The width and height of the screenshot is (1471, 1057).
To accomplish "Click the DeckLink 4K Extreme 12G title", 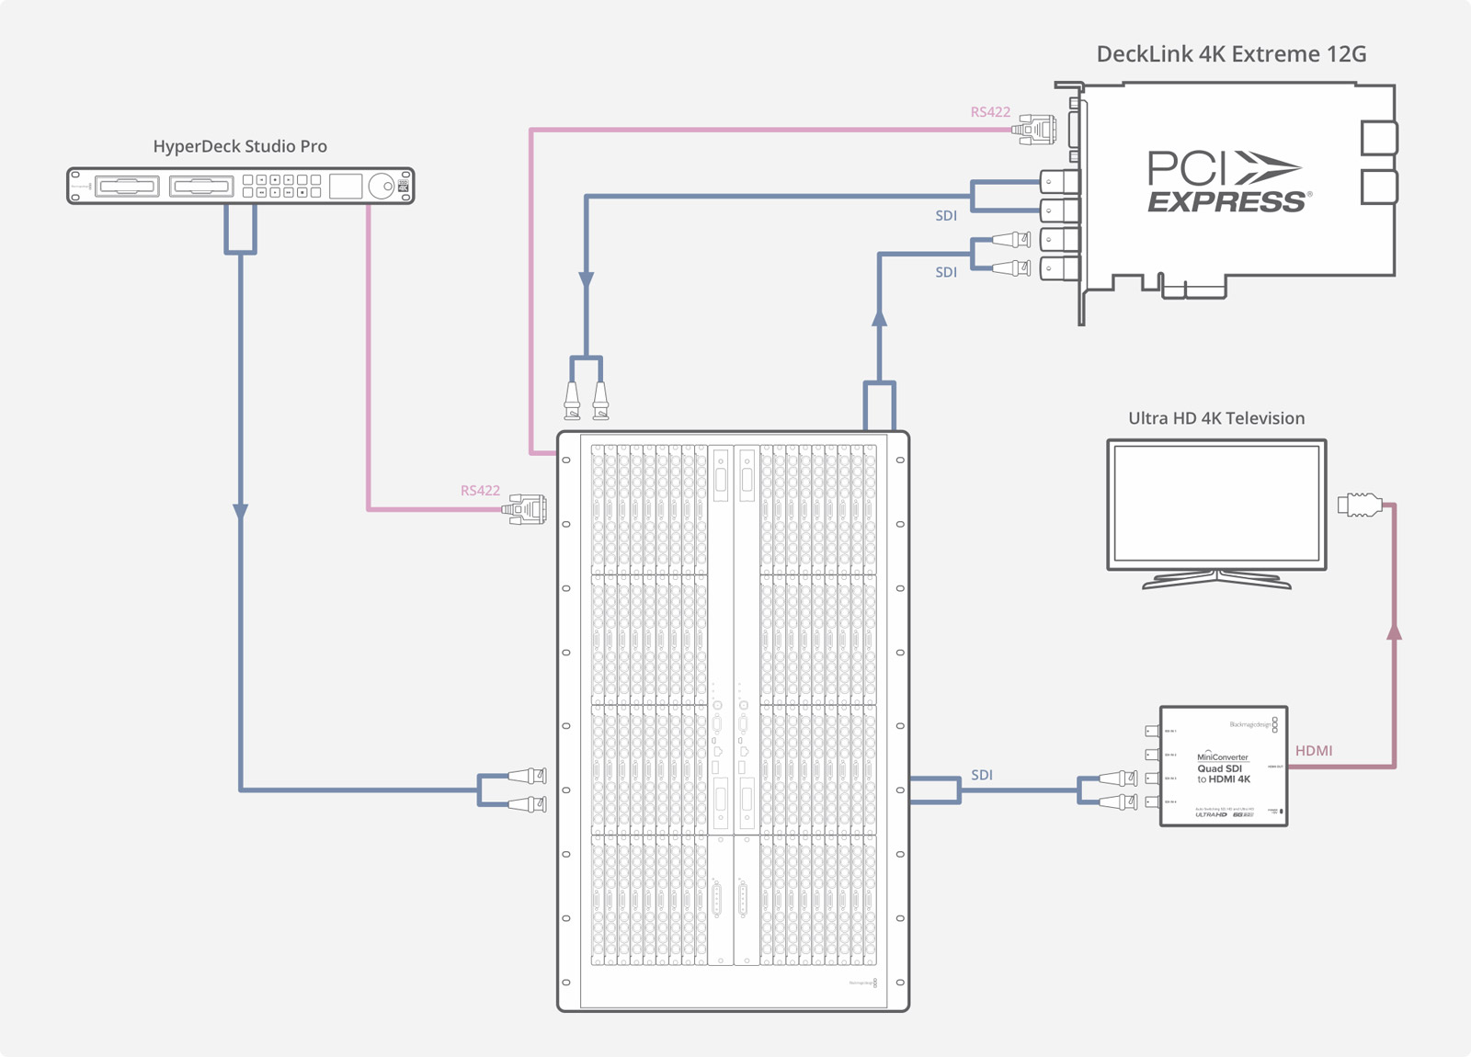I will pos(1231,54).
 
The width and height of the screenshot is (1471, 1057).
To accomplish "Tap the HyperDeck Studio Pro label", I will pos(240,146).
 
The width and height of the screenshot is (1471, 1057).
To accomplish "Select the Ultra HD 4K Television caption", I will pos(1216,418).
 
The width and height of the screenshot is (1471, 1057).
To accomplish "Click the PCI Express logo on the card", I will pos(1226,182).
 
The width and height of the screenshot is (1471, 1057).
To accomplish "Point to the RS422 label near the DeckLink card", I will pos(990,112).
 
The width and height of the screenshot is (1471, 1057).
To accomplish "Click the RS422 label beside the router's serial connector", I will pos(480,491).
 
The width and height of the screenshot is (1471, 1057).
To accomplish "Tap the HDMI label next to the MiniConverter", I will pos(1314,751).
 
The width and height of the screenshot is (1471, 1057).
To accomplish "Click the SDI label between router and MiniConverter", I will pos(982,775).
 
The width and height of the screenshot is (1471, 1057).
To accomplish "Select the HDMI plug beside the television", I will pos(1360,504).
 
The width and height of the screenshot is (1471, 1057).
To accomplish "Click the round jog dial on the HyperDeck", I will pos(381,187).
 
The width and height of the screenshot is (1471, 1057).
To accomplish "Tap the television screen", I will pos(1216,504).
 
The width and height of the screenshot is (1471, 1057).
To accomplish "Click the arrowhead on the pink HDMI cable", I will pos(1394,632).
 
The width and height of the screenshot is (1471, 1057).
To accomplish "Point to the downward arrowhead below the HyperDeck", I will pos(240,511).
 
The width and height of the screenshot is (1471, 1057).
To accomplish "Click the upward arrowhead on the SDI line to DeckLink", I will pos(880,318).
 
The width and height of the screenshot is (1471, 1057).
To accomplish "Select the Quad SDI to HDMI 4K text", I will pos(1223,774).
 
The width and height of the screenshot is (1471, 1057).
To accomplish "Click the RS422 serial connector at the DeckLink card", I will pos(1035,130).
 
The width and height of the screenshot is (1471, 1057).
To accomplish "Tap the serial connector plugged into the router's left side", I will pos(526,508).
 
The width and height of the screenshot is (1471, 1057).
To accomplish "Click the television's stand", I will pos(1216,579).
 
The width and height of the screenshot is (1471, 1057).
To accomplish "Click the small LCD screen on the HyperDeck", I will pos(346,186).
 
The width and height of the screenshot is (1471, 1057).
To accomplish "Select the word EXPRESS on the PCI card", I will pos(1226,202).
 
